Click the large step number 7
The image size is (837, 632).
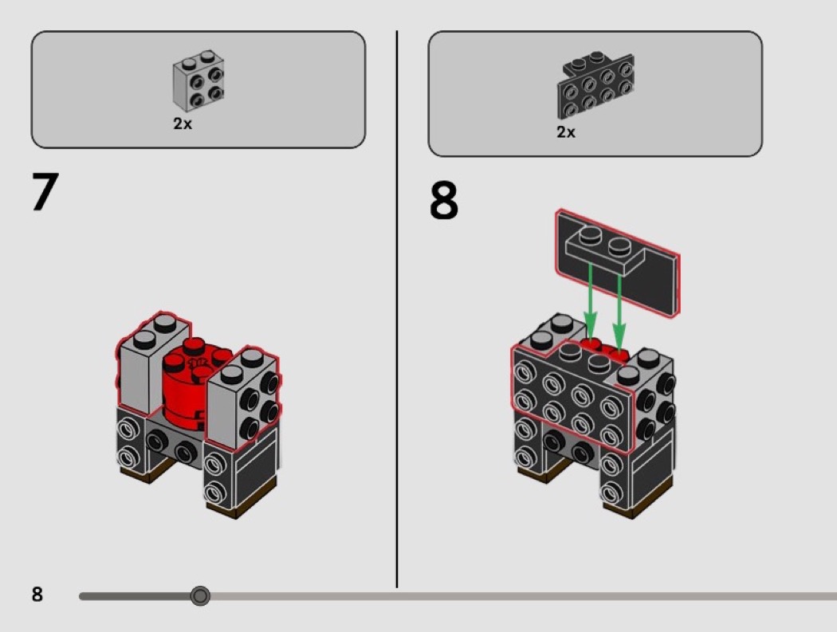45,191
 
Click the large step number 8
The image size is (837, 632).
443,200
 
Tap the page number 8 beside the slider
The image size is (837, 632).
37,594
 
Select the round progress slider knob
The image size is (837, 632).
200,595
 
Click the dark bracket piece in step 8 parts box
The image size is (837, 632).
595,85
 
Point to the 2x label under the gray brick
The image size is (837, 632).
182,124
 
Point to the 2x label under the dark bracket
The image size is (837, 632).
566,132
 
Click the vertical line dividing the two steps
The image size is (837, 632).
397,309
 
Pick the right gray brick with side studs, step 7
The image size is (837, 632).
243,395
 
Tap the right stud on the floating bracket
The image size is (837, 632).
619,246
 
